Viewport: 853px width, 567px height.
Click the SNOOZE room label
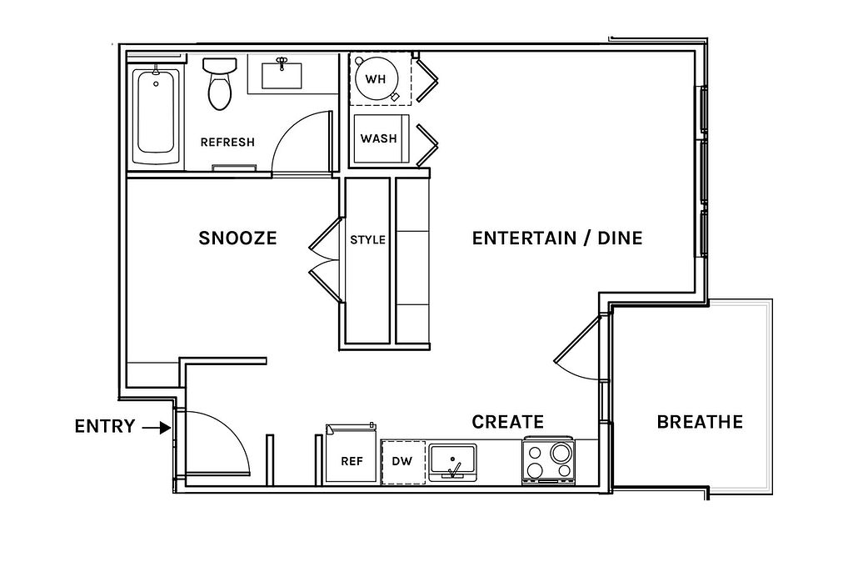click(x=237, y=238)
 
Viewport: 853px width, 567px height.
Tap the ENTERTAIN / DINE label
click(x=557, y=238)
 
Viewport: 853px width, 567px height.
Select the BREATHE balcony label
click(x=700, y=422)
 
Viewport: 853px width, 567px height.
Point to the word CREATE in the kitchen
click(x=507, y=422)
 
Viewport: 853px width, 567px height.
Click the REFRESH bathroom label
click(x=227, y=142)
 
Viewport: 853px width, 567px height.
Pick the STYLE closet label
click(x=367, y=239)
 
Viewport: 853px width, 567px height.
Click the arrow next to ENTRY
click(x=156, y=428)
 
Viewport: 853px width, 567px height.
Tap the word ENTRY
click(x=104, y=426)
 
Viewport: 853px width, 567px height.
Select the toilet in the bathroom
click(x=220, y=83)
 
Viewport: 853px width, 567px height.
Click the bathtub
click(x=156, y=114)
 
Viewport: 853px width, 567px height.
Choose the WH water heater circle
click(x=376, y=79)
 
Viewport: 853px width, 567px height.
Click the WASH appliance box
click(x=379, y=138)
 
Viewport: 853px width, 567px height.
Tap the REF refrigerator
click(x=352, y=454)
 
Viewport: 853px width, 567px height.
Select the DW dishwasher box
click(x=402, y=462)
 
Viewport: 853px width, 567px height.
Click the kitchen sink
click(x=452, y=463)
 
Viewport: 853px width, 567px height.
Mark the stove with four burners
click(x=548, y=461)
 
